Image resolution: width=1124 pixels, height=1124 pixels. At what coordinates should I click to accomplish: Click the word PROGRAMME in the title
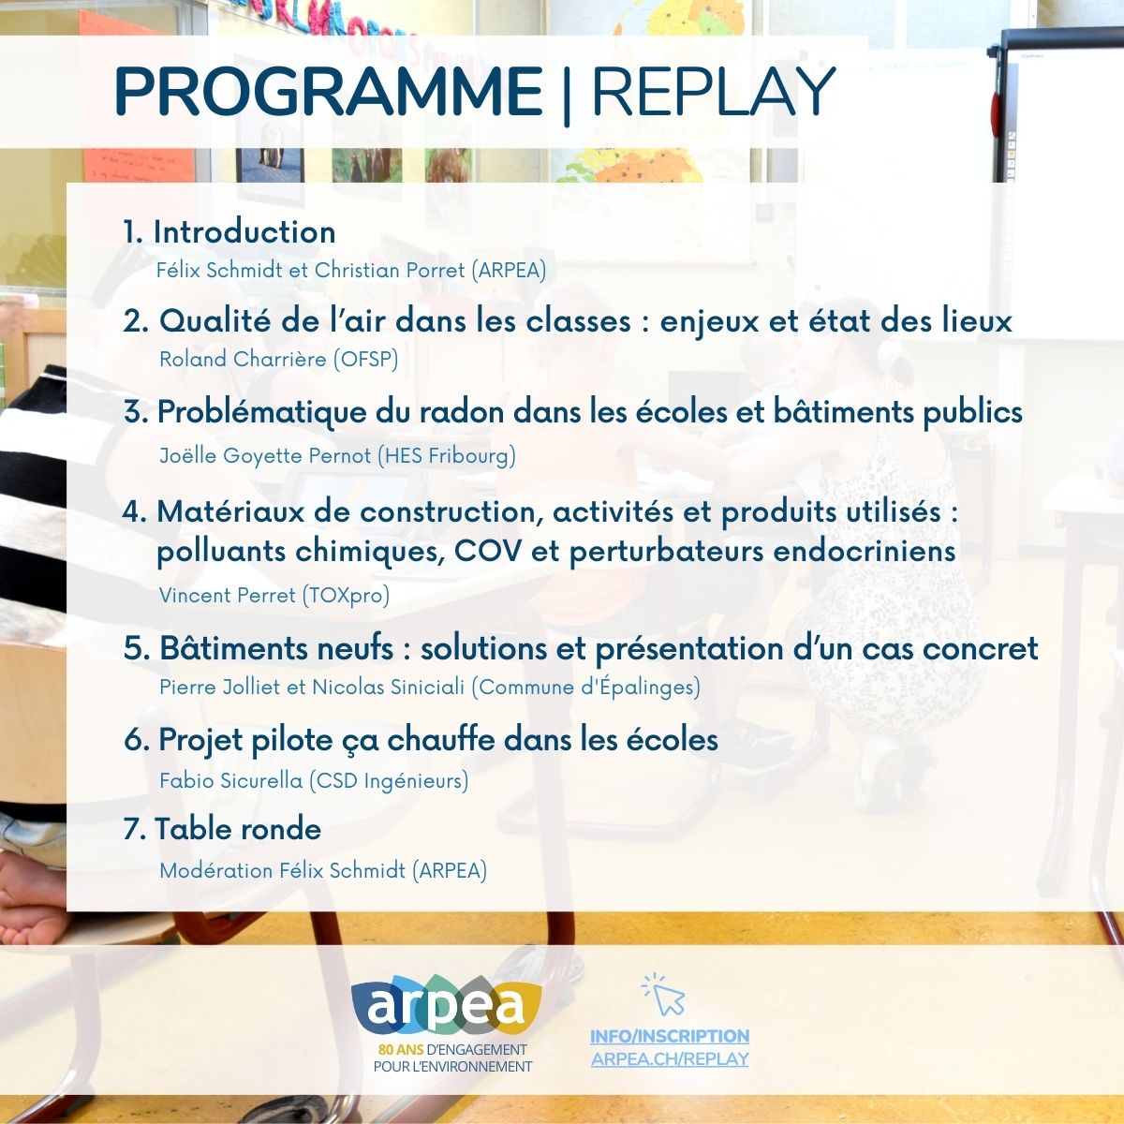tap(329, 93)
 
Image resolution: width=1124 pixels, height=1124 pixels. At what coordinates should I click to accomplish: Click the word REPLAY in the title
tap(713, 93)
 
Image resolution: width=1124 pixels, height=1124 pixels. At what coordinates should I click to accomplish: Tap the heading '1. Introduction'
tap(229, 232)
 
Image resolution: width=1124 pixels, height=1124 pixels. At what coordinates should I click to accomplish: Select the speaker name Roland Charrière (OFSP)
tap(279, 360)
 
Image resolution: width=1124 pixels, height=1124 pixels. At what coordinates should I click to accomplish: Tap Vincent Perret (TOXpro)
tap(274, 596)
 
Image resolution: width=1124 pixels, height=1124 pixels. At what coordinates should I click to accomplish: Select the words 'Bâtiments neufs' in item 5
tap(276, 648)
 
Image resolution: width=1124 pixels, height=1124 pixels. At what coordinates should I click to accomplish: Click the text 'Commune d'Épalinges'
tap(585, 688)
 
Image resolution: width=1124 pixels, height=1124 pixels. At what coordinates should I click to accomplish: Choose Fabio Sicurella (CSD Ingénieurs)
tap(314, 780)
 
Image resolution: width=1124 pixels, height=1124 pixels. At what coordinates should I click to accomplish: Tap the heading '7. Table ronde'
tap(222, 829)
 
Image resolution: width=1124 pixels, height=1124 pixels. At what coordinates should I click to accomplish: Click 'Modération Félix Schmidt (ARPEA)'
tap(323, 871)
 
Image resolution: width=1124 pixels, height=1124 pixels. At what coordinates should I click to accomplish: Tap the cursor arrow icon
tap(664, 995)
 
